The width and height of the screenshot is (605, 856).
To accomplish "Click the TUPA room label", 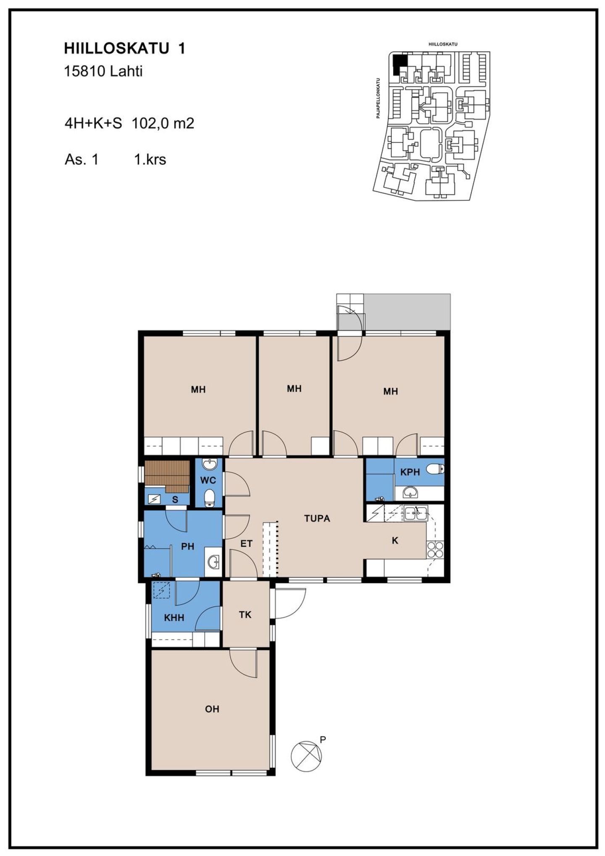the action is click(317, 519).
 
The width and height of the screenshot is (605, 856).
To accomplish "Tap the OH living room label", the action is click(212, 709).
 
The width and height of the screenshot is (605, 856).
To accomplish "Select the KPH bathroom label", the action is click(410, 472).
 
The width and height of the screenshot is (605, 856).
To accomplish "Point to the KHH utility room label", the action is click(174, 618).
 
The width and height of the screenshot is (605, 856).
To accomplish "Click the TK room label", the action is click(245, 615).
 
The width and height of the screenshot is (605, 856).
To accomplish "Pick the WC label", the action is click(208, 480).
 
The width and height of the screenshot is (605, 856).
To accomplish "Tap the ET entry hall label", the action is click(246, 544).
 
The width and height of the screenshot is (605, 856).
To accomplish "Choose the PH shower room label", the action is click(187, 546).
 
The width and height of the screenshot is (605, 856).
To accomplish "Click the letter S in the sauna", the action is click(175, 500).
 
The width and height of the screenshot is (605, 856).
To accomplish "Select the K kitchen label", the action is click(395, 540).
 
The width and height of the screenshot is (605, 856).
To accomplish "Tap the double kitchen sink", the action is click(416, 513).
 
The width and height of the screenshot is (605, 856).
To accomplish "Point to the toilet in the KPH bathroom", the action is click(435, 469).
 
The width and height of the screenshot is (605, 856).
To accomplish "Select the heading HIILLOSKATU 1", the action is click(124, 49).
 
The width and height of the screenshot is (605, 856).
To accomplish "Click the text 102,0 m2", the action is click(163, 124).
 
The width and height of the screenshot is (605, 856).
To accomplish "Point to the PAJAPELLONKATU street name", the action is click(378, 97).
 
